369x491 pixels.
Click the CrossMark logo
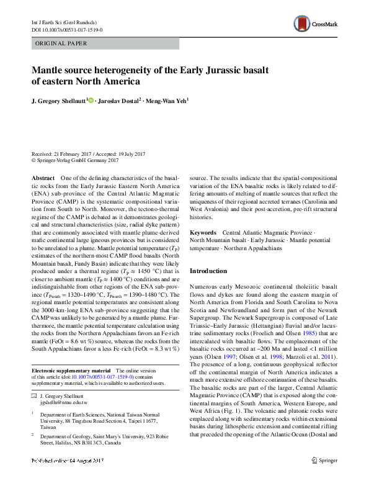pos(315,25)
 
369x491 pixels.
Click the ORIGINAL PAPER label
pos(60,43)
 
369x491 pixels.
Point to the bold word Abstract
pos(43,178)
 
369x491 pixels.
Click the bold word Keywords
pos(203,232)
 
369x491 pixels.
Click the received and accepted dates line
pos(88,154)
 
